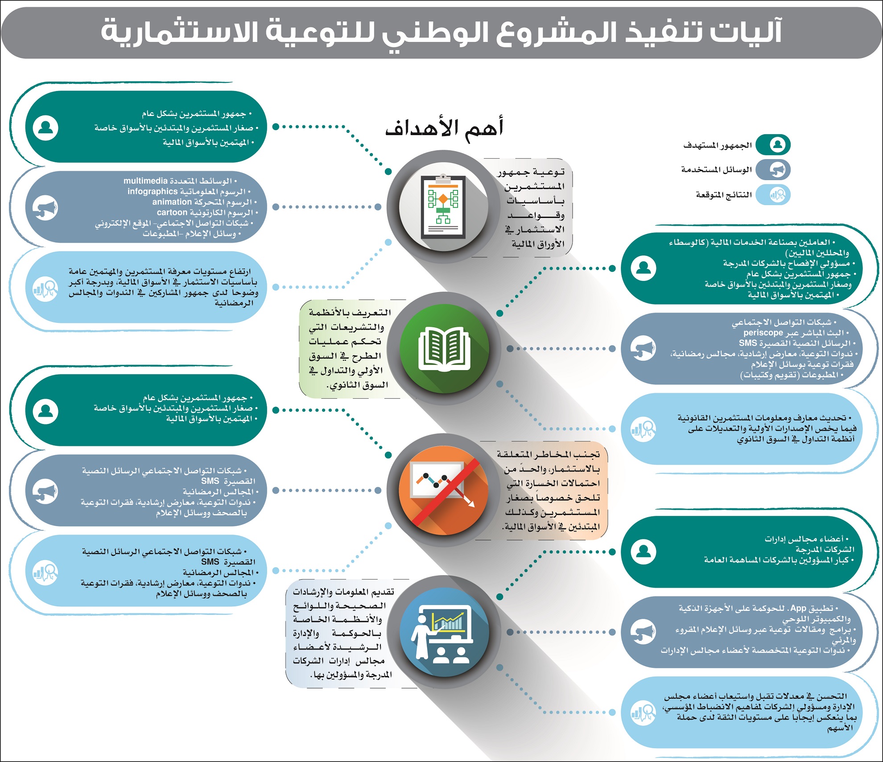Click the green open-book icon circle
[x=444, y=348]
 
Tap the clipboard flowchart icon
[x=443, y=206]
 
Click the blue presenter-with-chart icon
[x=444, y=632]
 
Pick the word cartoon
[x=172, y=213]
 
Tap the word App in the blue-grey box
[x=798, y=608]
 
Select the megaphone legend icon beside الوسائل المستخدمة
[x=777, y=170]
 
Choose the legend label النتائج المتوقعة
[x=723, y=195]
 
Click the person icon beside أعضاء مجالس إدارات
[x=644, y=552]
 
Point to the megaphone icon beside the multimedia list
[x=45, y=207]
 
